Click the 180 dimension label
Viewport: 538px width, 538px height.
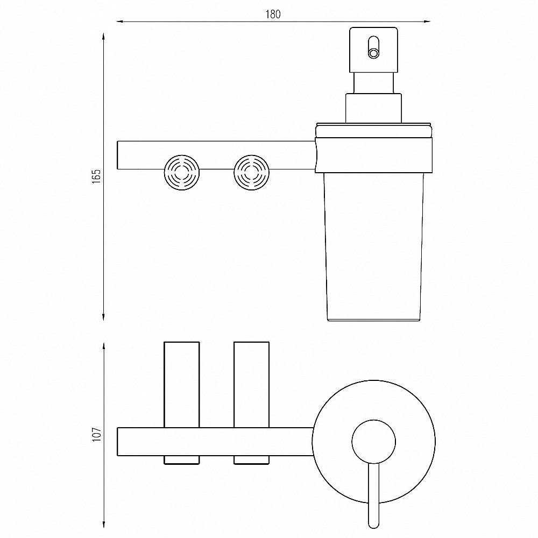[273, 14]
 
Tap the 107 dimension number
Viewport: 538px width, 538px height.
[97, 434]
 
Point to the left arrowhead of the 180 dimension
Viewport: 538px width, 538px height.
[119, 22]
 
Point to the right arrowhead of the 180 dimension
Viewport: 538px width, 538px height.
[427, 22]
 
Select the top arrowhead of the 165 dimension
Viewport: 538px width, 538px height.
[103, 37]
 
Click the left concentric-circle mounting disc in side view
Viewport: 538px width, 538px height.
[182, 173]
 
